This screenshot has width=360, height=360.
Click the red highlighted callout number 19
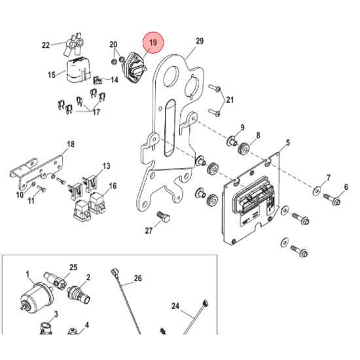point(154,44)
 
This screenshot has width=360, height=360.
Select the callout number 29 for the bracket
point(200,41)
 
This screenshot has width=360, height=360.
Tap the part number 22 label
point(45,45)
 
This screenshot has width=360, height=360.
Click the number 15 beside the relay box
point(51,75)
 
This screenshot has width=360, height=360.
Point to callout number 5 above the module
point(287,142)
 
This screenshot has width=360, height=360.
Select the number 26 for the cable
point(137,278)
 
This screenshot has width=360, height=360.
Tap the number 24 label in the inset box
point(175,306)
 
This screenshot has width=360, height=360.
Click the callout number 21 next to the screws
point(230,99)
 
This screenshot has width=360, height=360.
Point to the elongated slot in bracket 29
point(169,128)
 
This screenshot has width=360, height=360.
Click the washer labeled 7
point(317,190)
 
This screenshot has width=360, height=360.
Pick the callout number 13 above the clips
point(106,166)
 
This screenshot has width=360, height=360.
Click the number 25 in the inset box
point(73,268)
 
